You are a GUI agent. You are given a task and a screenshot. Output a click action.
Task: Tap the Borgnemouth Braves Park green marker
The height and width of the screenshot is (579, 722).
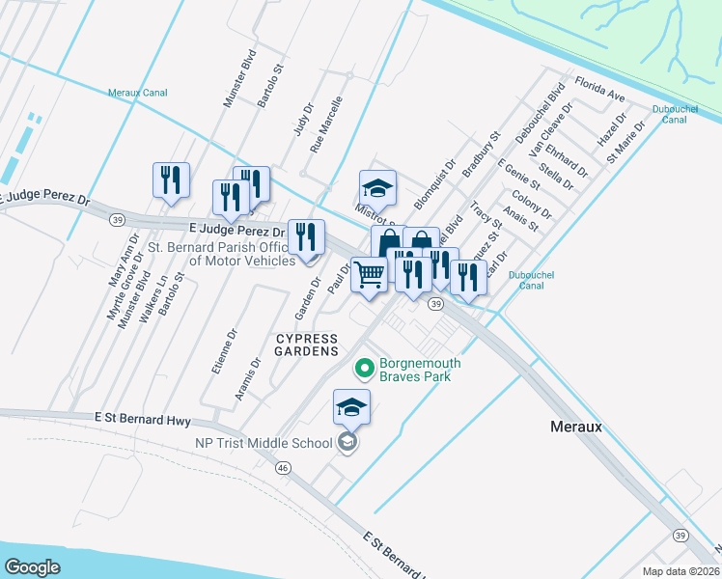(364, 368)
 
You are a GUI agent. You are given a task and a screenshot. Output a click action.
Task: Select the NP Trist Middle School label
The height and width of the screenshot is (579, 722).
(269, 443)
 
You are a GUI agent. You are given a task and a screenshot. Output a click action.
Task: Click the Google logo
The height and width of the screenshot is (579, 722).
(33, 566)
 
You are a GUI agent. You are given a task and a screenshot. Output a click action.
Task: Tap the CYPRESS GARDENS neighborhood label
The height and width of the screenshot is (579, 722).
(308, 345)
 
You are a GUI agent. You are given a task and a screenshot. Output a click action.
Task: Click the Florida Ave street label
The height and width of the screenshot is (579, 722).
(599, 90)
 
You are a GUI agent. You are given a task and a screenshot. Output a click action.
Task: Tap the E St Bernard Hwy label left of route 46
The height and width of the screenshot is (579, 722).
(143, 420)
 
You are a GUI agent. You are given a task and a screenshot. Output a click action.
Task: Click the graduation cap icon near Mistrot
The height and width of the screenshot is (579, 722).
(377, 187)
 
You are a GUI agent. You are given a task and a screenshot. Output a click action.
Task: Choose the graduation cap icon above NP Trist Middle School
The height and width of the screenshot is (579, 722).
(351, 407)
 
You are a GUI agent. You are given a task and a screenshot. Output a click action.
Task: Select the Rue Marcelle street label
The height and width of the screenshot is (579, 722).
(326, 125)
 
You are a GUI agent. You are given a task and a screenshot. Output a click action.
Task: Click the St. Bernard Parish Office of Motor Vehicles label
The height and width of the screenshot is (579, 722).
(221, 254)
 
